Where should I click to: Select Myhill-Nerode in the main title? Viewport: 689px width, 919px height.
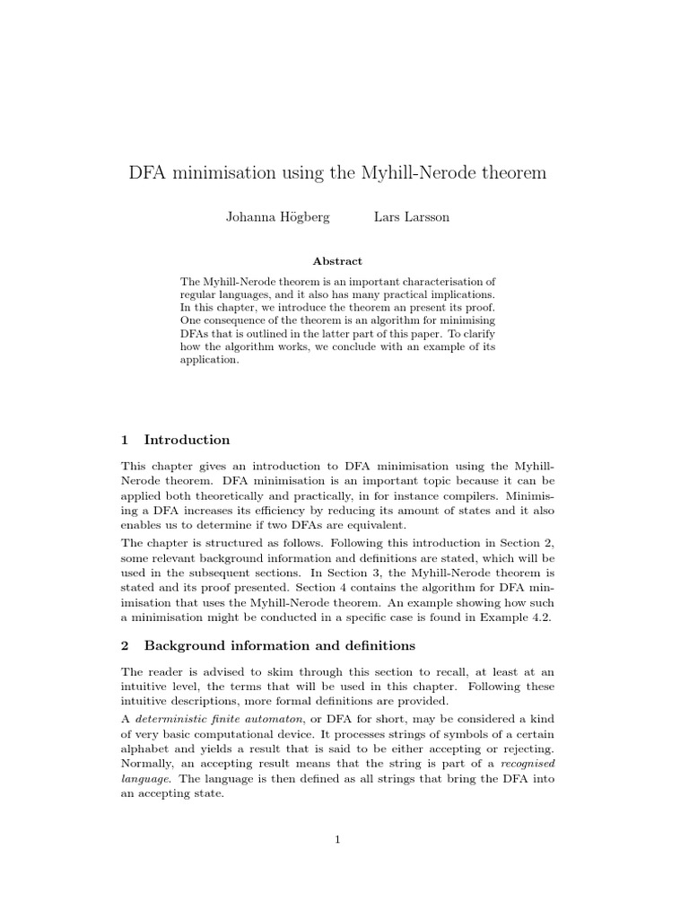421,173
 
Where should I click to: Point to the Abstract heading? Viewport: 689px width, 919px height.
337,261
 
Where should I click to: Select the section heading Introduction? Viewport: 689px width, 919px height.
187,440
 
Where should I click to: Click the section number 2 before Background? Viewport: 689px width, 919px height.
125,645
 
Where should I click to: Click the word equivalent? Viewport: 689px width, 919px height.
377,525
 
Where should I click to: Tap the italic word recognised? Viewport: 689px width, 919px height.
527,764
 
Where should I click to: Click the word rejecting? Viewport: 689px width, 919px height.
528,749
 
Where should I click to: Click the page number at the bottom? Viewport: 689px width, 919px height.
337,839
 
